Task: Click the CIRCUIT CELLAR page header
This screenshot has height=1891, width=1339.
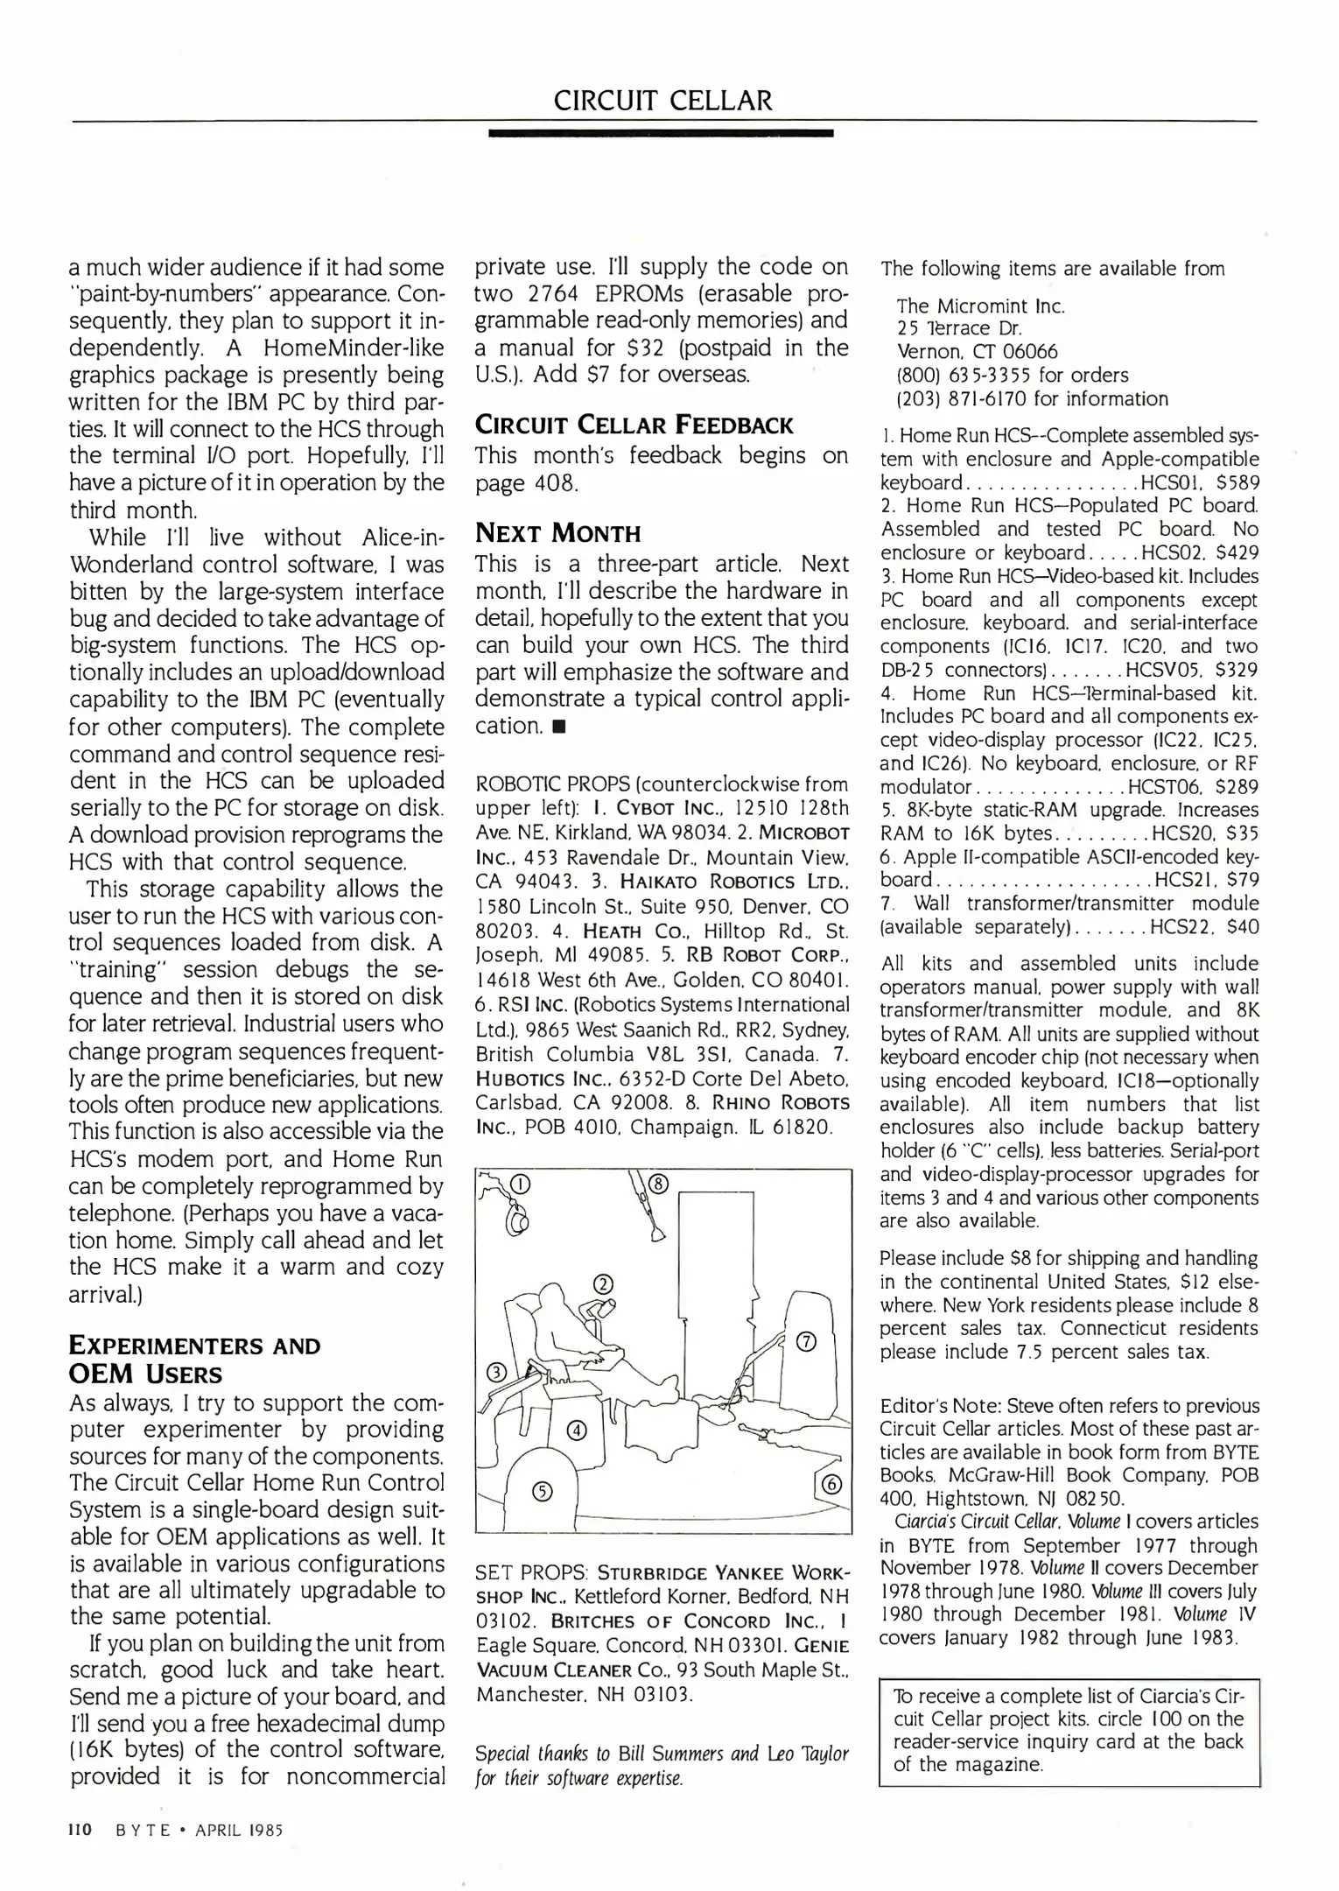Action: (662, 101)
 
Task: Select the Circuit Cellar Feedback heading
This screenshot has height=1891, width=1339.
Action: (634, 425)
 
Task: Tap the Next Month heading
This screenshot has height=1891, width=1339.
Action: (557, 533)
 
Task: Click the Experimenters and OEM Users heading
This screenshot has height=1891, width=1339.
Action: (194, 1360)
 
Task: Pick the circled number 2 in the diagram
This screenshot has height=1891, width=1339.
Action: (603, 1285)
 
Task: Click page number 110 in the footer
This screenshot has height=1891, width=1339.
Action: (81, 1830)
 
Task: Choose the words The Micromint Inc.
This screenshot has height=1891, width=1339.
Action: (980, 306)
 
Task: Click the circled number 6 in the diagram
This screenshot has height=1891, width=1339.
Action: (832, 1484)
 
